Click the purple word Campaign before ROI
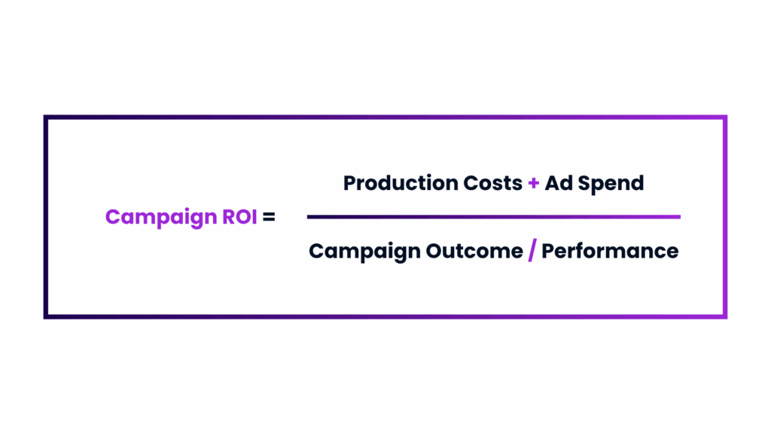click(x=161, y=218)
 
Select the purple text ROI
click(x=239, y=216)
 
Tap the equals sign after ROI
click(x=269, y=216)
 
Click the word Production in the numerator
click(x=401, y=183)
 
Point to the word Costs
click(x=492, y=183)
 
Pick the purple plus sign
click(x=534, y=184)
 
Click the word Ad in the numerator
click(x=559, y=183)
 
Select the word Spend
click(x=611, y=184)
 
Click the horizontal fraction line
click(x=494, y=216)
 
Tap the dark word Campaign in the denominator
click(x=364, y=252)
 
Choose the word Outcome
click(x=474, y=251)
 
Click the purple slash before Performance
click(x=532, y=250)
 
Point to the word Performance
click(x=610, y=251)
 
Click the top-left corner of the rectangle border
click(x=46, y=118)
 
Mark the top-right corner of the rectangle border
click(x=725, y=118)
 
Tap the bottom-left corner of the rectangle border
click(x=46, y=316)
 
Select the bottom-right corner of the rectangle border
click(x=725, y=316)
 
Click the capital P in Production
click(x=350, y=183)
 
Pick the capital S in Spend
click(x=584, y=183)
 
